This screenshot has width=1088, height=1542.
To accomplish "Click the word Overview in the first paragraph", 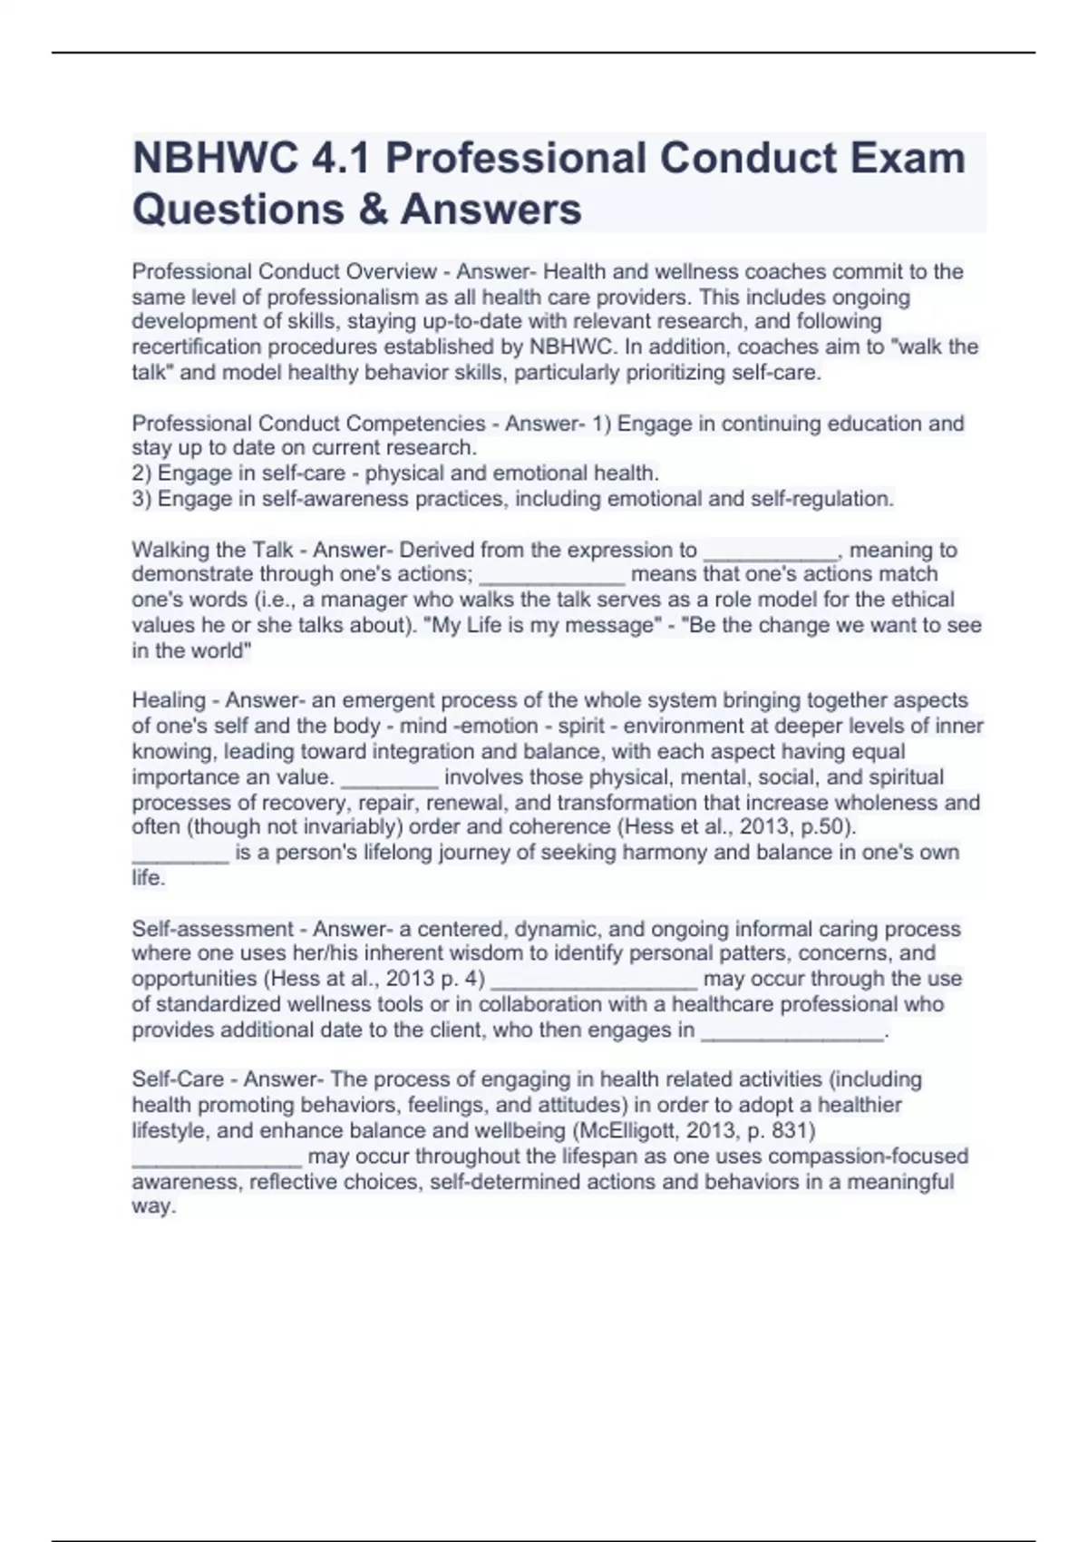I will click(x=393, y=271).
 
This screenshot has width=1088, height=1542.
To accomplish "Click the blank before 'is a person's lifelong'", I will click(x=180, y=855).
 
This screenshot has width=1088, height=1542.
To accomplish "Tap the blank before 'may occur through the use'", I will click(x=594, y=981).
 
